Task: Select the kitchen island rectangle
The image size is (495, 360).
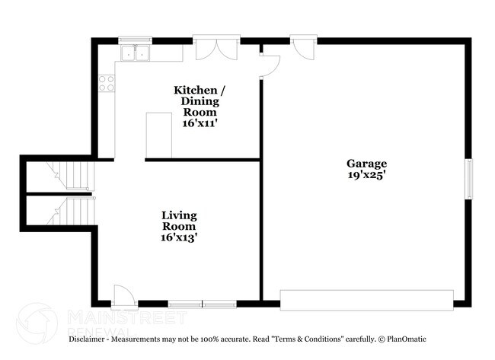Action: [x=159, y=135]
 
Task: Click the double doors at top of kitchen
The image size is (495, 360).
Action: [x=211, y=49]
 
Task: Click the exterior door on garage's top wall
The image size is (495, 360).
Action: [x=304, y=48]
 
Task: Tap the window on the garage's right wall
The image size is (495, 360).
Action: [x=469, y=177]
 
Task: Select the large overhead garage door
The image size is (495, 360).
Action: [x=367, y=299]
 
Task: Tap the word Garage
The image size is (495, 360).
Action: [x=366, y=164]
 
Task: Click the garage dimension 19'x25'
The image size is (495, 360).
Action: [x=366, y=175]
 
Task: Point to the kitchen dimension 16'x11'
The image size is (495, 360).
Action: [x=199, y=122]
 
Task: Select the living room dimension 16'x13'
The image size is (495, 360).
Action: [x=179, y=237]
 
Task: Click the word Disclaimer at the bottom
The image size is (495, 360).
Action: [x=93, y=339]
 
